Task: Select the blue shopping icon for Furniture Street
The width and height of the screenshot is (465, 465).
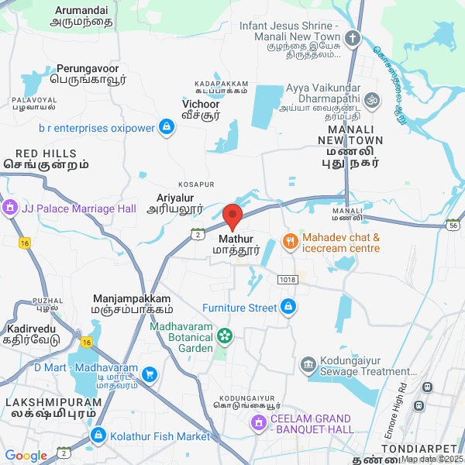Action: click(288, 308)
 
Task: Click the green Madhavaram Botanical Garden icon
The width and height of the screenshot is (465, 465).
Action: click(224, 336)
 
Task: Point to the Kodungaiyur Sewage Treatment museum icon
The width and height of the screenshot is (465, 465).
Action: click(308, 364)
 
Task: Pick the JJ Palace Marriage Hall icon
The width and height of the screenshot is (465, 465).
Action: click(10, 208)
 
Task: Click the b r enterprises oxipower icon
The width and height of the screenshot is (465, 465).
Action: click(166, 126)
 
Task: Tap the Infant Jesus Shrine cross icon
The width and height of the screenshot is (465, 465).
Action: click(353, 38)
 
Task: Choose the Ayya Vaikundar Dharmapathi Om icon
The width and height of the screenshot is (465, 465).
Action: click(372, 99)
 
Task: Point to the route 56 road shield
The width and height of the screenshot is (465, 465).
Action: click(453, 225)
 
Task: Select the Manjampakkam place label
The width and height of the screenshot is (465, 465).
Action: click(131, 303)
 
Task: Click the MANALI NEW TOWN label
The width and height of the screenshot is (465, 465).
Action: click(350, 146)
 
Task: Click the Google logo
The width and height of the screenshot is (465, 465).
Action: click(26, 456)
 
